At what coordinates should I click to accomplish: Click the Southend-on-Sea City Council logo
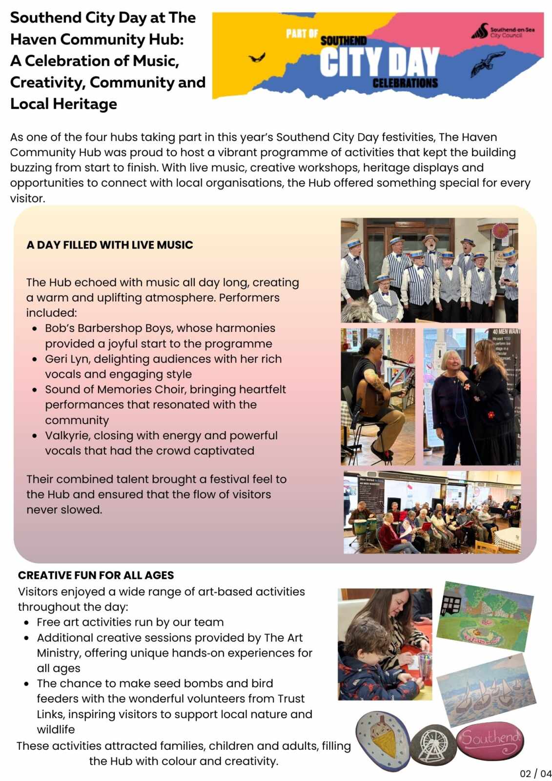point(503,32)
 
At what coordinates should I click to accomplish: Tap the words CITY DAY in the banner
point(379,62)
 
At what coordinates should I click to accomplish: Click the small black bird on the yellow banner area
point(257,58)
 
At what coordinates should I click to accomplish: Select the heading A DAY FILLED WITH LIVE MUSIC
point(110,245)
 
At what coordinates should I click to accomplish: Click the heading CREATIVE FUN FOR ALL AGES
point(96,575)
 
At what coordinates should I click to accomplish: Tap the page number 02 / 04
point(535,773)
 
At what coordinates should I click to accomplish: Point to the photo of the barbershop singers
point(429,270)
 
